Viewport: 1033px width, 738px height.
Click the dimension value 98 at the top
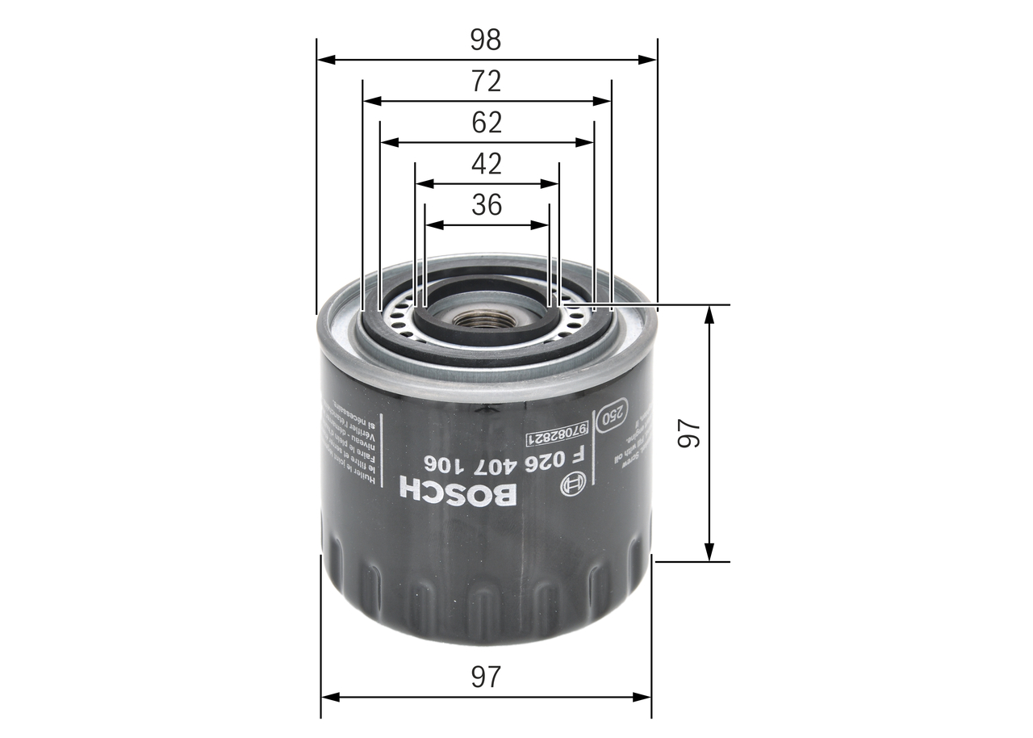tap(487, 39)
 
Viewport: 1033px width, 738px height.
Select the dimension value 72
tap(487, 81)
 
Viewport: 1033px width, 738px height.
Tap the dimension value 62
tap(487, 123)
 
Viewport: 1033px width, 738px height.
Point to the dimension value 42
tap(487, 164)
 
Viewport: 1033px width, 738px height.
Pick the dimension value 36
tap(487, 205)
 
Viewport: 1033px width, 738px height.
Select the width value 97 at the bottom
tap(487, 677)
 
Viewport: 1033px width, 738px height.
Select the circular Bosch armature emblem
tap(572, 485)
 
